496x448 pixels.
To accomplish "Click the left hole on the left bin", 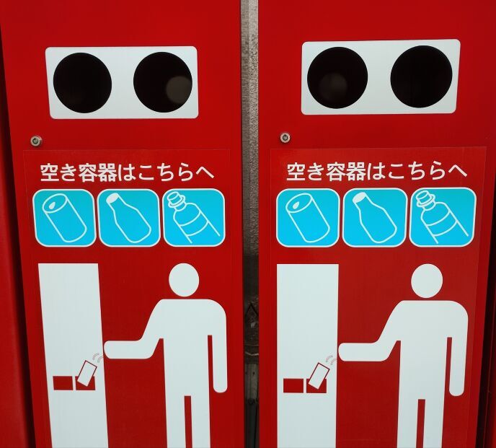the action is (82, 83).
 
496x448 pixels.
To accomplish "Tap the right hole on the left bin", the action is (163, 82).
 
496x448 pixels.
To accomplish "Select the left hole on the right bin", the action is (337, 78).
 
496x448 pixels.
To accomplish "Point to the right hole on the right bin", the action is (422, 76).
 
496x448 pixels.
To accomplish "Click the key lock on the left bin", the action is (36, 141).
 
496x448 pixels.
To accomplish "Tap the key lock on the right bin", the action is (285, 138).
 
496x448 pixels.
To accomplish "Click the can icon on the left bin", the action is (65, 218).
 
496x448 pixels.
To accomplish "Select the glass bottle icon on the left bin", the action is (129, 218).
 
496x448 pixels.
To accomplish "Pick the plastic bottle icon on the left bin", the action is (194, 217).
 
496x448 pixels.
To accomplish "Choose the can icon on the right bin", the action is (308, 218).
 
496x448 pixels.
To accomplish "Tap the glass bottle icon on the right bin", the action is (375, 217).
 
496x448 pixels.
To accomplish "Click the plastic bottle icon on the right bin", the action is (443, 217).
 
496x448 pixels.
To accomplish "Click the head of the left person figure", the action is (184, 280).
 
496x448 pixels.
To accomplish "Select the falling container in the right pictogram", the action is (319, 376).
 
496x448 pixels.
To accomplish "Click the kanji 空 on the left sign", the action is (49, 172).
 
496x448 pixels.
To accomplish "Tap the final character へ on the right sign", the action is (458, 171).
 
